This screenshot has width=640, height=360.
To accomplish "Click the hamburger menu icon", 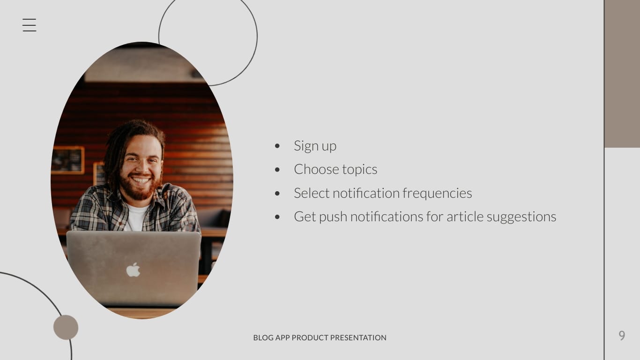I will coord(29,25).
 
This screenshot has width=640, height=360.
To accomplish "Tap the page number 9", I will coord(622,336).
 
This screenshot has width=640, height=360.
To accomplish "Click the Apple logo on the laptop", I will coord(133,270).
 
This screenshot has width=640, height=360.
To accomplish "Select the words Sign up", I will coord(315,146).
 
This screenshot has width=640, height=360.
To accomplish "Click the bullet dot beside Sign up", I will coord(277,146).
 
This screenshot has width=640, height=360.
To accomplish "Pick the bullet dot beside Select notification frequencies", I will coord(277,193).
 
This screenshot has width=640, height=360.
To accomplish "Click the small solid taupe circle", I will coord(66,327).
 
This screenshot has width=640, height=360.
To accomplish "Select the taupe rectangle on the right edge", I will coord(622,74).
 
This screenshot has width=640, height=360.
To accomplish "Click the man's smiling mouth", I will coord(141,180).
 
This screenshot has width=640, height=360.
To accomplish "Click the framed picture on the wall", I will coord(68,160).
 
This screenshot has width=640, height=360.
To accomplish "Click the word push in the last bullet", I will coord(333,217).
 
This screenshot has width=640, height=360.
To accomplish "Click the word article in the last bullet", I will coord(464,217).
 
